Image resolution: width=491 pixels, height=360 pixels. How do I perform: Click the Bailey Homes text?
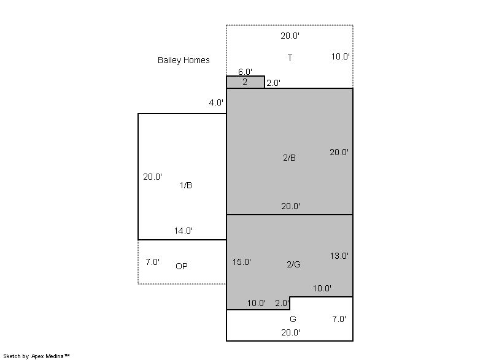click(x=184, y=60)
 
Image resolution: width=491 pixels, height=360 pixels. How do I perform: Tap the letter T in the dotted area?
click(x=290, y=58)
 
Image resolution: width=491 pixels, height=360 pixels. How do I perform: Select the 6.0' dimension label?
click(x=245, y=72)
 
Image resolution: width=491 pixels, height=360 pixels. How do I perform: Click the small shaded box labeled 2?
click(x=245, y=82)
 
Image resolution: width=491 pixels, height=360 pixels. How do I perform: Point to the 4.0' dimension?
click(x=216, y=102)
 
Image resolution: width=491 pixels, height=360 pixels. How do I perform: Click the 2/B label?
click(x=289, y=158)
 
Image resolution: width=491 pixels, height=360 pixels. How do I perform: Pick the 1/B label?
click(x=186, y=185)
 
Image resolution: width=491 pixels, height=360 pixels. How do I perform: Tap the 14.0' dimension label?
click(x=183, y=231)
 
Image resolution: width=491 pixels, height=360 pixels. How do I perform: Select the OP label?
click(x=182, y=266)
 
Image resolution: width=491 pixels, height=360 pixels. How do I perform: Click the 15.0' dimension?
click(x=241, y=262)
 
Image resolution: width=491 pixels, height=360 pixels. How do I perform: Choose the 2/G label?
click(x=294, y=264)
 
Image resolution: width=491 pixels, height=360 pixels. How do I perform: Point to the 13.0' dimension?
click(x=339, y=256)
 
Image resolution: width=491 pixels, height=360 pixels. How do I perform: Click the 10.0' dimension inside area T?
click(x=341, y=56)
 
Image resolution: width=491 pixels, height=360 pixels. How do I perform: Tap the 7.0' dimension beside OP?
click(x=152, y=262)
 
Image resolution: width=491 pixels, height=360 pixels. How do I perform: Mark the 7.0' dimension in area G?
click(x=339, y=319)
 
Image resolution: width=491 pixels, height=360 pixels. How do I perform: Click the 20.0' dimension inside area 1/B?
click(x=152, y=177)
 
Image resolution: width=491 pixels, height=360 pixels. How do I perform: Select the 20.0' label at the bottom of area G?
click(x=290, y=332)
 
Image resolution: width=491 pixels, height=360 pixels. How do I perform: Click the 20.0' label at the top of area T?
click(x=290, y=36)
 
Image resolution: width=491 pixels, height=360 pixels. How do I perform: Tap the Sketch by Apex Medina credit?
click(x=36, y=356)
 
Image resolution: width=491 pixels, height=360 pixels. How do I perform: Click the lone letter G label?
click(x=293, y=319)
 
